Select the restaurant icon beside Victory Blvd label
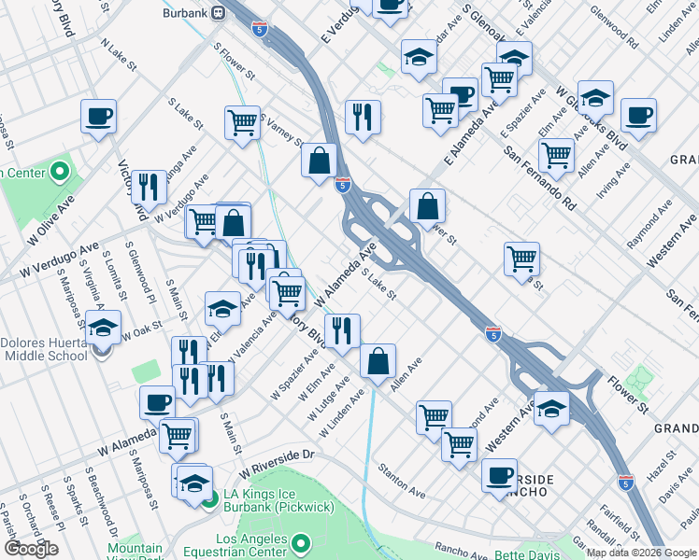click(150, 187)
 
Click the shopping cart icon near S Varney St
click(243, 121)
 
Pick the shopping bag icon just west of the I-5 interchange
click(320, 160)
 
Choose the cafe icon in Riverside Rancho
click(500, 473)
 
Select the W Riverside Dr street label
click(278, 455)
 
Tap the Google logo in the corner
click(32, 549)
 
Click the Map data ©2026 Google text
click(642, 553)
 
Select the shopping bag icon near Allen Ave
click(378, 361)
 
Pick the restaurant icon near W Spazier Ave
click(342, 330)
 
